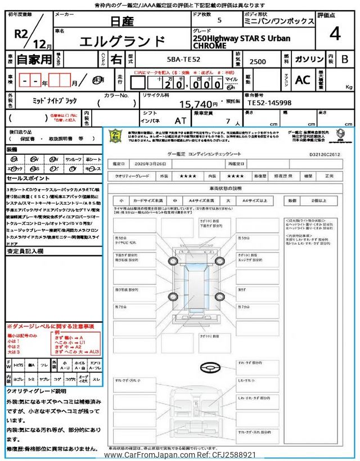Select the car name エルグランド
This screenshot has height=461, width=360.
pyautogui.click(x=123, y=42)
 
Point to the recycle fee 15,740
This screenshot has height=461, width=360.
pyautogui.click(x=197, y=104)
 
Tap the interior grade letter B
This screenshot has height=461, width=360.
pyautogui.click(x=345, y=59)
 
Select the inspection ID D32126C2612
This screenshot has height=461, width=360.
pyautogui.click(x=325, y=153)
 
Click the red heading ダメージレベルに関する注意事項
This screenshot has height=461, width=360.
pyautogui.click(x=51, y=326)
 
